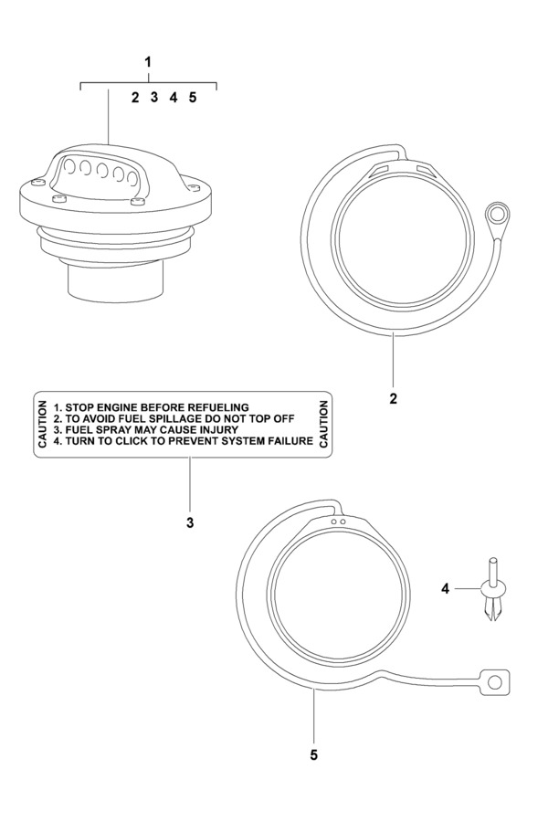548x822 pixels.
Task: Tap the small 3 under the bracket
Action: click(153, 97)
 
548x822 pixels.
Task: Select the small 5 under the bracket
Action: click(193, 97)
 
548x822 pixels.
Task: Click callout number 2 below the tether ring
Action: click(393, 398)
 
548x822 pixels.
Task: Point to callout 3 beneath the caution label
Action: click(190, 523)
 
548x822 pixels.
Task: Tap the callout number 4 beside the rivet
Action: click(445, 589)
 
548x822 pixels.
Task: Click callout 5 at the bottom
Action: click(315, 755)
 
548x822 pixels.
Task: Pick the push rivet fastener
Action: click(492, 592)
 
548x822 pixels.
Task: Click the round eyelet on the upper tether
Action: click(497, 216)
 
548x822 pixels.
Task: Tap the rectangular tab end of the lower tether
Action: click(494, 681)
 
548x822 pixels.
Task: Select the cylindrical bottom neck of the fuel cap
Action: click(114, 278)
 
